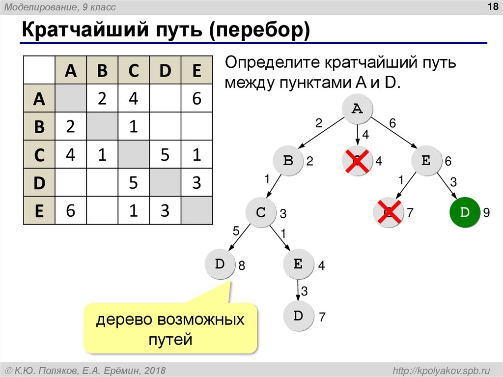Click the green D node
(x=464, y=212)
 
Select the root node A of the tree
(x=358, y=109)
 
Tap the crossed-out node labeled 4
(x=358, y=160)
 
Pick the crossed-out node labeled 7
(x=388, y=212)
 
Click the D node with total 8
(x=220, y=264)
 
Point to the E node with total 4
(x=298, y=264)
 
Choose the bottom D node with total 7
(x=298, y=316)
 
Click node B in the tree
(x=289, y=160)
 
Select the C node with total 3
(x=261, y=212)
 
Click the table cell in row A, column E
(x=196, y=99)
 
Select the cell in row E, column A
(x=71, y=210)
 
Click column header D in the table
(x=165, y=71)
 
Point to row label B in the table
(x=39, y=127)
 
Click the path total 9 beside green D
(x=486, y=213)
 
